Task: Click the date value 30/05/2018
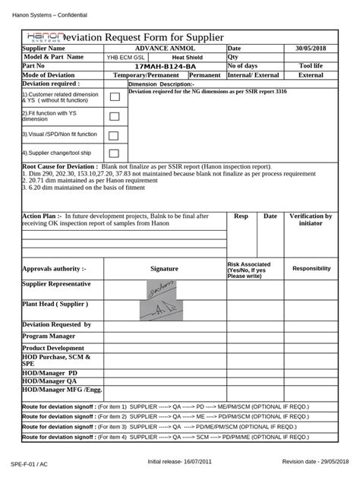click(311, 48)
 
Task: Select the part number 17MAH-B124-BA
click(164, 66)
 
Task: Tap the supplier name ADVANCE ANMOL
click(164, 48)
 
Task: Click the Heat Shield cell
click(187, 57)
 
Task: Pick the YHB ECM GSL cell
click(125, 57)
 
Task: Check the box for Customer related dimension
click(114, 96)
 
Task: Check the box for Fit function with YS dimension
click(114, 116)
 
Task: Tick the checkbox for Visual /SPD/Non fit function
click(114, 135)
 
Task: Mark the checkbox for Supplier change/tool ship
click(114, 153)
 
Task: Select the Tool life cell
click(311, 66)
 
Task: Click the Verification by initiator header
click(311, 219)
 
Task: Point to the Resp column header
click(241, 216)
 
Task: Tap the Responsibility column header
click(311, 268)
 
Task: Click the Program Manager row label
click(49, 336)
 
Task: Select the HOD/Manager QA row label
click(50, 381)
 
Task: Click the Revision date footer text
click(317, 462)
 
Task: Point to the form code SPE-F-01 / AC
click(29, 463)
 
